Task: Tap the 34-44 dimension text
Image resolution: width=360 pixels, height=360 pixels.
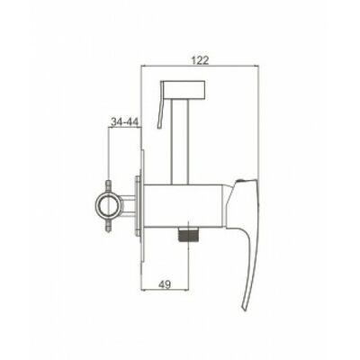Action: (124, 121)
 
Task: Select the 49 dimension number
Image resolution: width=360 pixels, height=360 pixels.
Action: (165, 283)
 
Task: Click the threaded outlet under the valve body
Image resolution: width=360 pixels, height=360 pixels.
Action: (188, 234)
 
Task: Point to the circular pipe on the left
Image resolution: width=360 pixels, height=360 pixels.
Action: (109, 205)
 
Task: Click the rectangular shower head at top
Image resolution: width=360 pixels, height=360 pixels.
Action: (184, 89)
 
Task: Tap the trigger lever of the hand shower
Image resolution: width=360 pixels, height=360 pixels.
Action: (160, 105)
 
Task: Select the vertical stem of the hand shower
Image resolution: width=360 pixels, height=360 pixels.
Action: (179, 141)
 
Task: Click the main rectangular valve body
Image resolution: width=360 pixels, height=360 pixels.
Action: (183, 205)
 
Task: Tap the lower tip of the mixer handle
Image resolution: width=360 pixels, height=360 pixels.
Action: (245, 310)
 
